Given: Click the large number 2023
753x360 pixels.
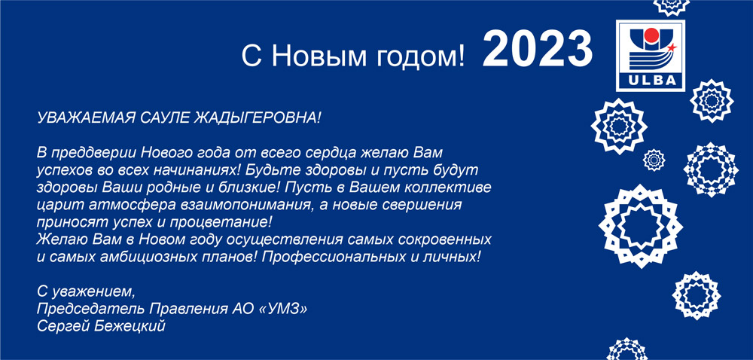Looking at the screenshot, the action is coord(538,49).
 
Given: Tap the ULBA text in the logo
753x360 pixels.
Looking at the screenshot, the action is coord(651,81).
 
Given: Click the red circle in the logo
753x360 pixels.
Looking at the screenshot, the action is coord(651,35).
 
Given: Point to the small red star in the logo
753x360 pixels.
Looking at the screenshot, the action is coord(672,47).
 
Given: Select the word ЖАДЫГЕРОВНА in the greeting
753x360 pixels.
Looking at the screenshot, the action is coord(256,117).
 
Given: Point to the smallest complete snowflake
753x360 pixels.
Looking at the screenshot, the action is coord(654,160).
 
